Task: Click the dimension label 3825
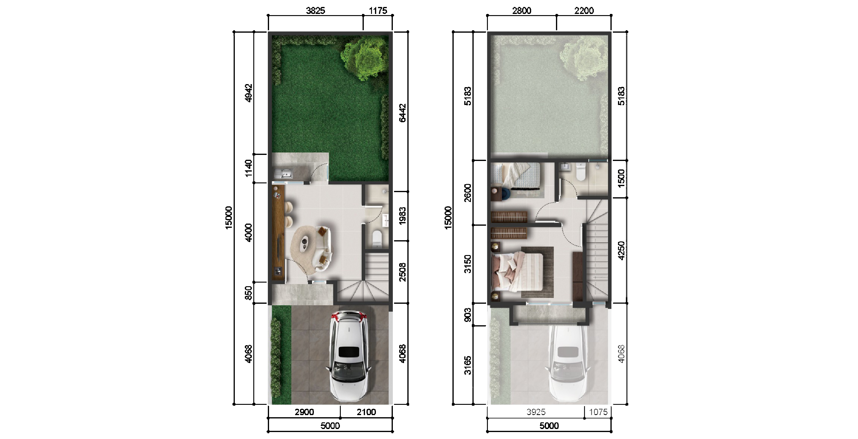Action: point(315,11)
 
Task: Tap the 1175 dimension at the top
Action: point(378,11)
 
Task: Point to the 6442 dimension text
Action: point(402,113)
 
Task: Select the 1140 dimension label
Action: point(248,168)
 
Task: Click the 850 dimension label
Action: point(248,293)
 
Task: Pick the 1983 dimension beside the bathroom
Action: point(402,216)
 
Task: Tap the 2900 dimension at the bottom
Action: point(304,412)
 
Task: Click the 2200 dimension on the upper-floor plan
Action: point(584,11)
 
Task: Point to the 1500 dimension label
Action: point(621,178)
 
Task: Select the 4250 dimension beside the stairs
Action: point(621,251)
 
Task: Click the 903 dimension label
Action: point(468,315)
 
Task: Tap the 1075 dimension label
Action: point(598,412)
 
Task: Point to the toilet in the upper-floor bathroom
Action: point(580,171)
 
